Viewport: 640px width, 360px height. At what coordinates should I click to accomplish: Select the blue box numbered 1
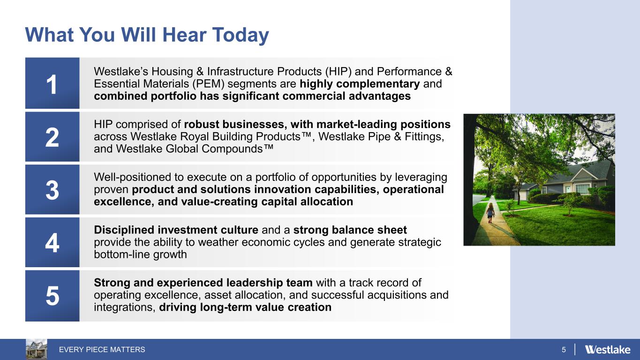pos(53,83)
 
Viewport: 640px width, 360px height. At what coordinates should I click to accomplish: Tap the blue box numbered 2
pos(53,136)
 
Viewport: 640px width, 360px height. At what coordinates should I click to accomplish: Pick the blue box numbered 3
pos(53,189)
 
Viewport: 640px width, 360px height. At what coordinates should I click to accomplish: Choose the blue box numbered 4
pos(53,242)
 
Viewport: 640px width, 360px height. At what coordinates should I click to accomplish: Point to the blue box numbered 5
pos(53,296)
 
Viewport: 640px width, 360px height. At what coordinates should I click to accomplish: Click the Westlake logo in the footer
pos(608,349)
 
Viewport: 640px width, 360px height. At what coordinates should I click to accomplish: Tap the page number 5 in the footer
pos(564,349)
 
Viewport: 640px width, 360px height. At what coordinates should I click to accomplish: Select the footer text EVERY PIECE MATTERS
pos(102,349)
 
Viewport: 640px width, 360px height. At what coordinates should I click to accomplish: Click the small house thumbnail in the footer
pos(37,349)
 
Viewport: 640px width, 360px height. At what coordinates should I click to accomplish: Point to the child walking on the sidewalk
pos(490,213)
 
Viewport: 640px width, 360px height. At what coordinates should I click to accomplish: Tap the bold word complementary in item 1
pos(378,84)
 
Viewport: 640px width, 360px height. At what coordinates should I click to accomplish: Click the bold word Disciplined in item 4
pos(124,230)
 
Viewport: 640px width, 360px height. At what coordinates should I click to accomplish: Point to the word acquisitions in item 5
pos(397,295)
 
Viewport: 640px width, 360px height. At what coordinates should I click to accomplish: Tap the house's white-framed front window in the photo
pos(582,189)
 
